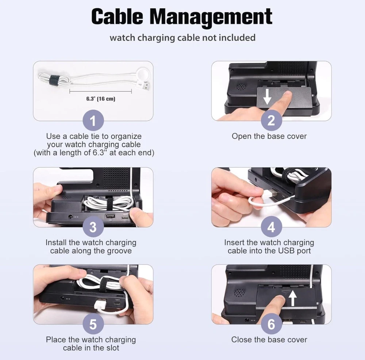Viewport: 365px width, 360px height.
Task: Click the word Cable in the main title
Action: [x=117, y=16]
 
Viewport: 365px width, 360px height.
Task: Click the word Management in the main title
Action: [x=211, y=18]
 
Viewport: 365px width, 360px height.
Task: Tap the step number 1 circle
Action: [x=93, y=120]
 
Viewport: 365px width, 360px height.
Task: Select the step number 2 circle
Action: [x=271, y=120]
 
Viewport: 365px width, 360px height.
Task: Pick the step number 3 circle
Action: [x=93, y=227]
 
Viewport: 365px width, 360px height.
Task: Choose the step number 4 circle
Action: [x=271, y=227]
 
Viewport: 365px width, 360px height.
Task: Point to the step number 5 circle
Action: [x=93, y=324]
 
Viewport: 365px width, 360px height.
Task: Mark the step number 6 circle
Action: [x=271, y=324]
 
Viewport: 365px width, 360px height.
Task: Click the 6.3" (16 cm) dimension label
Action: [x=101, y=99]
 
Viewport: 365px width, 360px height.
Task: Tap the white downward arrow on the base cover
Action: [x=267, y=97]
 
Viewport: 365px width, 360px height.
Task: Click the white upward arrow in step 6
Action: [x=293, y=299]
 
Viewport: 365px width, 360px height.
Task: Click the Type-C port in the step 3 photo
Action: [x=125, y=218]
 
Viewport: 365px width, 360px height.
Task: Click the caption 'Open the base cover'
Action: [x=269, y=136]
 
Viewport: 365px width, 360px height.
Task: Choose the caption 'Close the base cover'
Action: [x=269, y=340]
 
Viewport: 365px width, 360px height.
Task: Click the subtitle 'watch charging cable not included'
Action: [x=182, y=38]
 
